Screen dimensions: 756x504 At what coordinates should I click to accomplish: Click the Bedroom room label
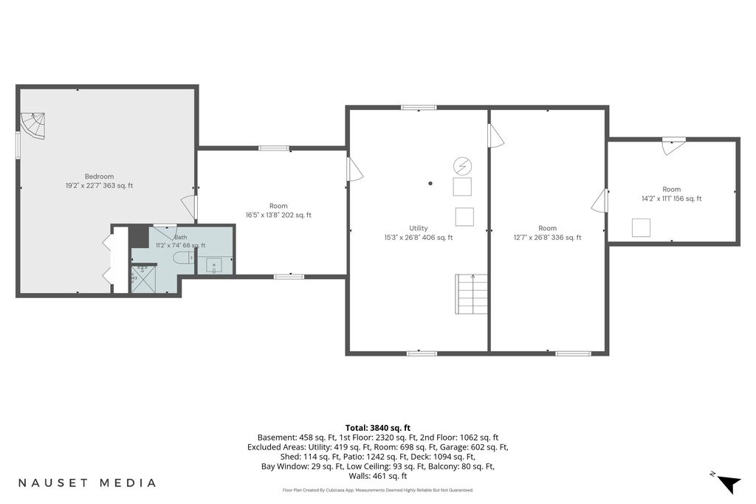(100, 176)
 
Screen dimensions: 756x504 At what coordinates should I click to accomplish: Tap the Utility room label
(419, 229)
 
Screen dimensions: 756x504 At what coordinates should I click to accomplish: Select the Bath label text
(181, 237)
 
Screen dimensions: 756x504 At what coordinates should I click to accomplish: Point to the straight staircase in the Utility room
(472, 294)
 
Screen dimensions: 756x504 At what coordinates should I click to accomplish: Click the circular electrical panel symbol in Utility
(463, 166)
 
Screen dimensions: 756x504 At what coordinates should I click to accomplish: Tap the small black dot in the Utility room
(430, 183)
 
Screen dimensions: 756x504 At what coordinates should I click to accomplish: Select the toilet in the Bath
(184, 258)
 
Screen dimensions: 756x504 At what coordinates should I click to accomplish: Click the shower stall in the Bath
(144, 280)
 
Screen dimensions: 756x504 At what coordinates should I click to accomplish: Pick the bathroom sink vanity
(214, 266)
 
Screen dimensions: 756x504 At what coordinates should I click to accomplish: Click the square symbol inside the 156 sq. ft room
(642, 227)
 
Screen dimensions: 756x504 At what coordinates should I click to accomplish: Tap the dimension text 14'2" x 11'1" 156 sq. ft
(671, 199)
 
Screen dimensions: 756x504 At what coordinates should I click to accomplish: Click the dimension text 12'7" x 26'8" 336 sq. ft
(547, 238)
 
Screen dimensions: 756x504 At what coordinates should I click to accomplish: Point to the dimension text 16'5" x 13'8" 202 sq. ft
(278, 215)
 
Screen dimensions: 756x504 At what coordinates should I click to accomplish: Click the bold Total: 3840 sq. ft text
(378, 428)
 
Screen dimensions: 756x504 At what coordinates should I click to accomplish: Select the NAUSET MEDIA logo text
(87, 483)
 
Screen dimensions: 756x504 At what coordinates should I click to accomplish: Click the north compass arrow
(729, 483)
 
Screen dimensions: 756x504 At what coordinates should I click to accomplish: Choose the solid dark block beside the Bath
(139, 236)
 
